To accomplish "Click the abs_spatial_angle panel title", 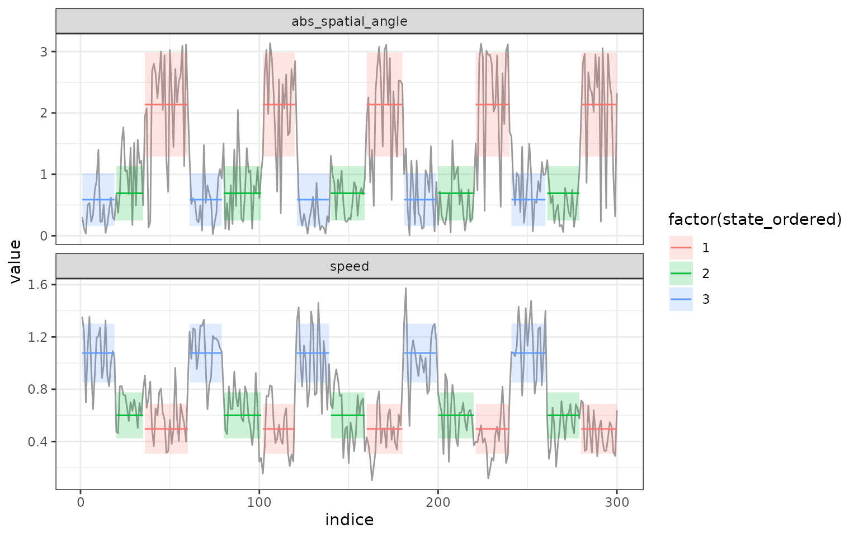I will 350,22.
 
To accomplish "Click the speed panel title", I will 350,266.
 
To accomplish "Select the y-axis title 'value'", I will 16,261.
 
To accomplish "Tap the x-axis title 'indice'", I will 350,520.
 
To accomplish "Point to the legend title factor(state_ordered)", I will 755,220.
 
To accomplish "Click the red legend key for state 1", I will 681,248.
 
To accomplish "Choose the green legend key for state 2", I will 681,274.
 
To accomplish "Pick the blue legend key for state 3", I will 681,299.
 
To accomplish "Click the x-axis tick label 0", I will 81,502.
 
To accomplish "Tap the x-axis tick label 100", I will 259,502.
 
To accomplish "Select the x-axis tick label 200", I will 438,502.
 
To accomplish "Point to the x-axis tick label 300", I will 617,502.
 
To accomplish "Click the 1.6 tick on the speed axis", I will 40,285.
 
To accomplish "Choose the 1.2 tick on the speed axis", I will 40,337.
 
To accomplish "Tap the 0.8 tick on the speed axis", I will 40,389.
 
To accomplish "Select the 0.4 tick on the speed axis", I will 40,441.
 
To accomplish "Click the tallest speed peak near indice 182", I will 405,289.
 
